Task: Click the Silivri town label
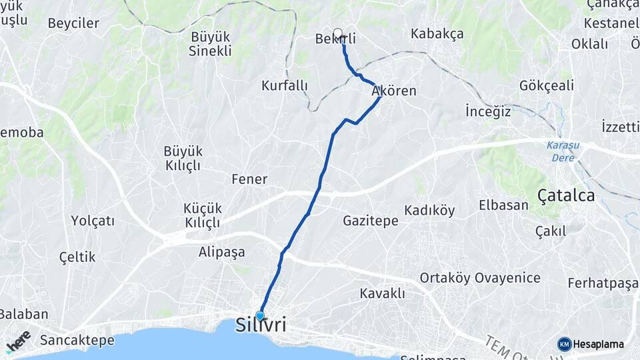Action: click(261, 326)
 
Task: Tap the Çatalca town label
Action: click(566, 195)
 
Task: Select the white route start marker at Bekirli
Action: click(337, 33)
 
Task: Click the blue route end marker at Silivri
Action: click(260, 315)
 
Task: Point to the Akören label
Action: click(394, 91)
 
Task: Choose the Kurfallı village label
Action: click(285, 85)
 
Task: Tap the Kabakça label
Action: click(437, 33)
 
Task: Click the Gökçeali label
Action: click(546, 85)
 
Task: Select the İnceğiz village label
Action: click(488, 111)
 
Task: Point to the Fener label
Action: click(249, 179)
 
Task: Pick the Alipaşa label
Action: click(221, 252)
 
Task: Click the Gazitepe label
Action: click(371, 220)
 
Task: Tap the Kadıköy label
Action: click(429, 211)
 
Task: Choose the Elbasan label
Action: click(503, 205)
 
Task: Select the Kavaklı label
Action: click(382, 293)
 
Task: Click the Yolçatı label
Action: click(93, 220)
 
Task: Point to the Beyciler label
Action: click(73, 23)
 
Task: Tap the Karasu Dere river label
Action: click(563, 151)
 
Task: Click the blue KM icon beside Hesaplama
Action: click(565, 344)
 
